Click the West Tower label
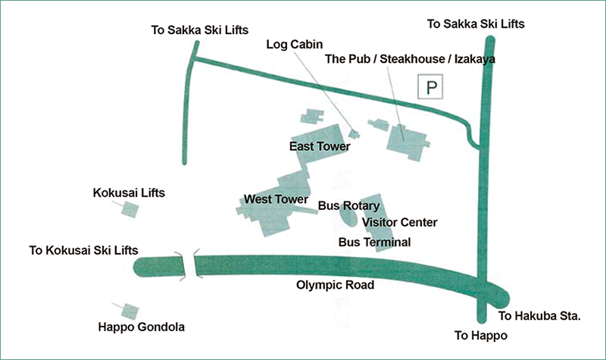tap(276, 199)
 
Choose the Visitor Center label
tap(399, 222)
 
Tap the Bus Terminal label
tap(373, 243)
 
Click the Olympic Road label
tap(334, 286)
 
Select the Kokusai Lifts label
tap(129, 193)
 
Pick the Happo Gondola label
tap(142, 327)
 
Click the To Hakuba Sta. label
tap(539, 317)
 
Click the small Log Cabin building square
tap(354, 135)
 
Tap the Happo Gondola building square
tap(130, 311)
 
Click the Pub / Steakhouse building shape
tap(406, 140)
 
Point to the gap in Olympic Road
tap(189, 266)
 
